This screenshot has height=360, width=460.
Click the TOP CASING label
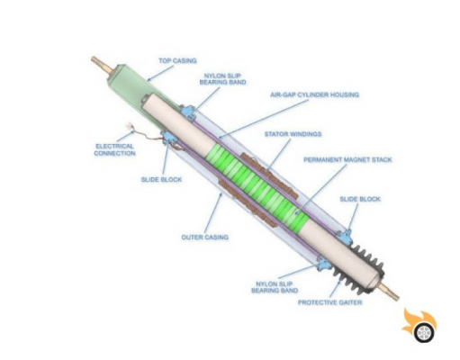click(x=177, y=61)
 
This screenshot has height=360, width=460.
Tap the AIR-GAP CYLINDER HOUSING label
click(x=314, y=94)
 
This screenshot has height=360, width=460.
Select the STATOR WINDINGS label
click(x=293, y=134)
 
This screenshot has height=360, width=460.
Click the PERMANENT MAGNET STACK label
click(x=347, y=159)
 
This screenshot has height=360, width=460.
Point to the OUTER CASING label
click(x=205, y=238)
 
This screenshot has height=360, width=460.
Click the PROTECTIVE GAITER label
click(x=330, y=302)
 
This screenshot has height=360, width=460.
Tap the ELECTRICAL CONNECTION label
click(x=115, y=149)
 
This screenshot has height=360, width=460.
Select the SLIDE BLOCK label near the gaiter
click(x=360, y=199)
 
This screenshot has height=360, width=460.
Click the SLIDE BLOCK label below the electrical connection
click(x=161, y=180)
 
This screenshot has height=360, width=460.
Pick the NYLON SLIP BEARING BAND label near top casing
click(x=222, y=79)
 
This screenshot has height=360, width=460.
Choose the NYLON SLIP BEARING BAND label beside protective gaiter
click(x=275, y=287)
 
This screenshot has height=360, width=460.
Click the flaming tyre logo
click(x=420, y=325)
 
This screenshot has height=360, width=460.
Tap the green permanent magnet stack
click(x=257, y=187)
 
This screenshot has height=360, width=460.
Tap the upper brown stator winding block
click(x=269, y=176)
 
